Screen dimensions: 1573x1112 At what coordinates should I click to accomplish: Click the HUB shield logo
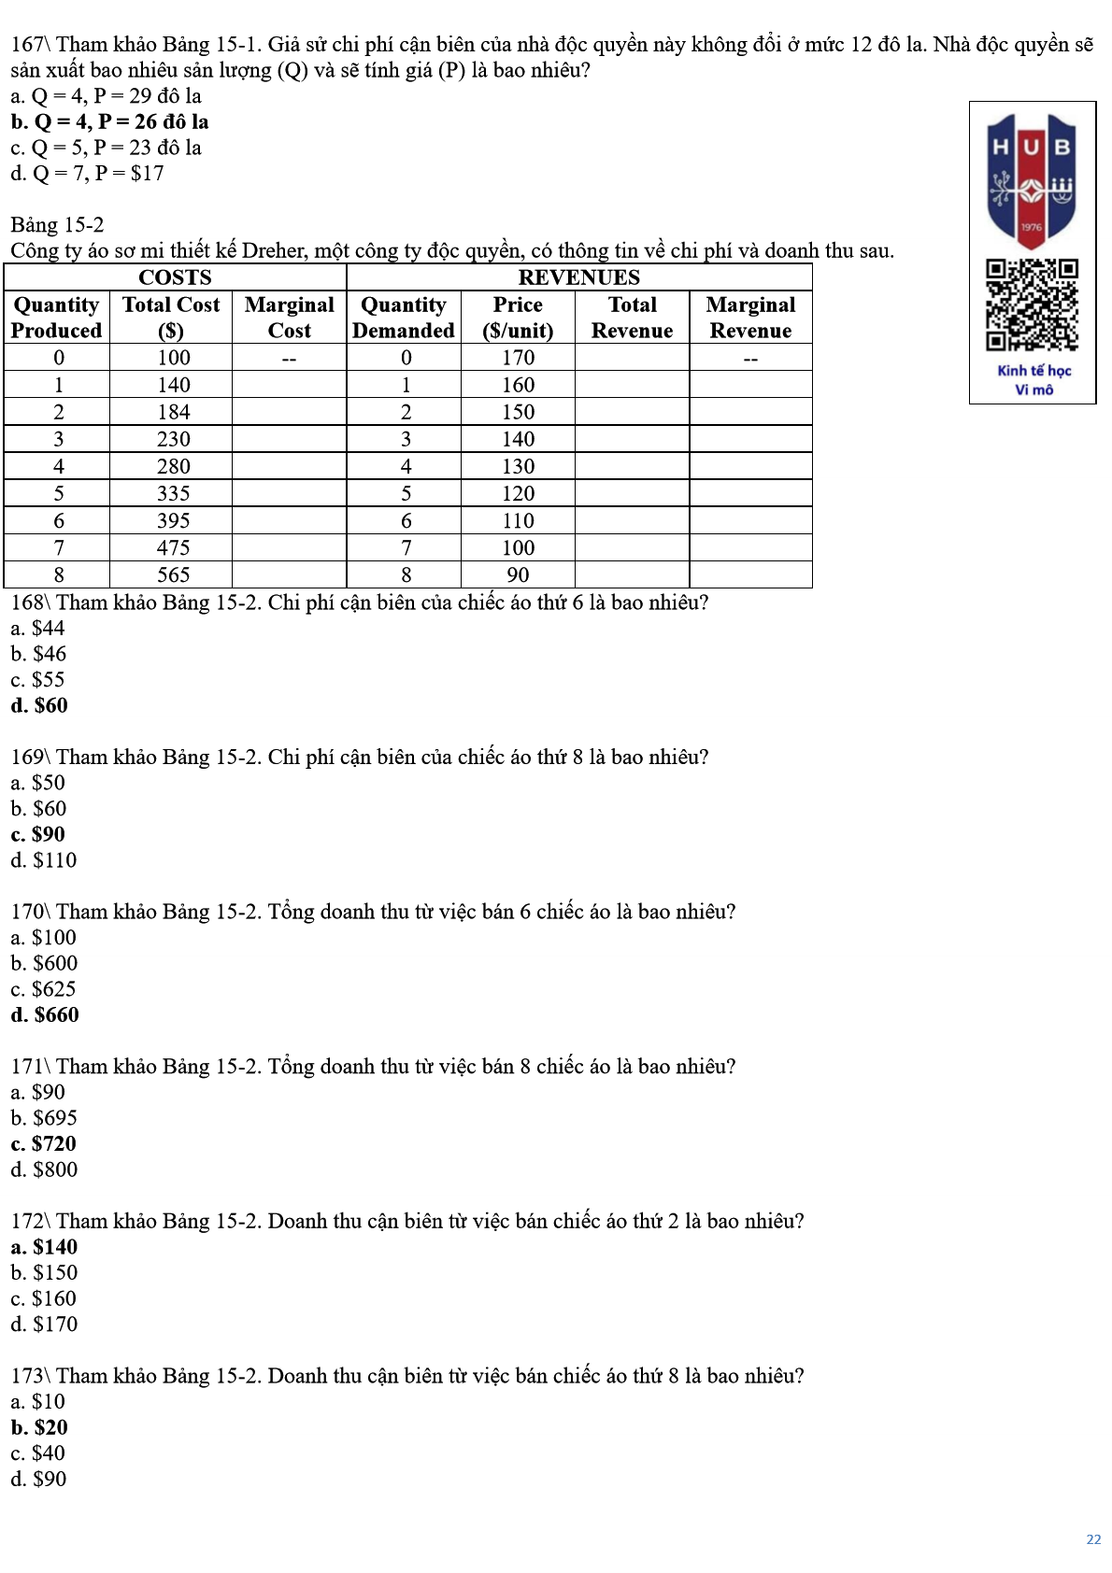click(1032, 178)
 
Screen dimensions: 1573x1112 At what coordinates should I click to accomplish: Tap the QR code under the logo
click(1032, 305)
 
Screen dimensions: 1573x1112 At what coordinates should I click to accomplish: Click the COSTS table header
click(175, 277)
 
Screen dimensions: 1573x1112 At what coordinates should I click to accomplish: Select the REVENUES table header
click(578, 277)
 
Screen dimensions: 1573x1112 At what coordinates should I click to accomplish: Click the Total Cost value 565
click(173, 574)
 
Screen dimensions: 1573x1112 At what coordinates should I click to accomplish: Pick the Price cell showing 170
click(518, 358)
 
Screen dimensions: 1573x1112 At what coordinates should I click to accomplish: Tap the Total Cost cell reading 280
click(173, 466)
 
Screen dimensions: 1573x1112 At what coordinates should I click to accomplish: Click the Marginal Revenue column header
click(750, 318)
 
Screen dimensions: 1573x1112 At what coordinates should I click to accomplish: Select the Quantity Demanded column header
click(404, 318)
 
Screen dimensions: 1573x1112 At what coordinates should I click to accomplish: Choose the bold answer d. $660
click(45, 1015)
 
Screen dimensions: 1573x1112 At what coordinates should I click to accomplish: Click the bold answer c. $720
click(44, 1144)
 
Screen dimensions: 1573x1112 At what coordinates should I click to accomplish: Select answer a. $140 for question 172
click(44, 1247)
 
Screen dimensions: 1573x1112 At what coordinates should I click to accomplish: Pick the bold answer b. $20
click(39, 1427)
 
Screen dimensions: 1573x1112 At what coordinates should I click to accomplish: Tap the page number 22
click(1093, 1539)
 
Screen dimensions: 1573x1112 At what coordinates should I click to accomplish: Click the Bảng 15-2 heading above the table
click(57, 225)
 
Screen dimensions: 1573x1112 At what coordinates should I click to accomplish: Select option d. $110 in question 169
click(44, 860)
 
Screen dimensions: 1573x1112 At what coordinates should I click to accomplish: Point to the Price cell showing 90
click(518, 574)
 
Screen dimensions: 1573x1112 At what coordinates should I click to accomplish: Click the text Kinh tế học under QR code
click(1034, 371)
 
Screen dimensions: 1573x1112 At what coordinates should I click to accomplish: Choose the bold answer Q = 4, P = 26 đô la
click(110, 122)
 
